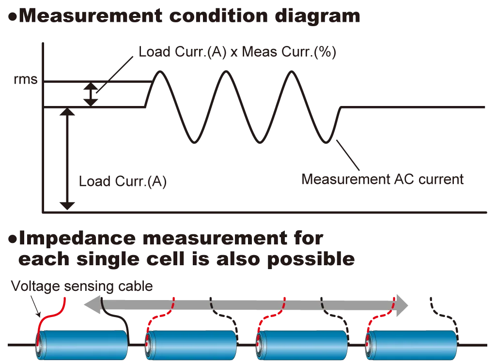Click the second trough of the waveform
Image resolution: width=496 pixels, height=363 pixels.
pos(261,142)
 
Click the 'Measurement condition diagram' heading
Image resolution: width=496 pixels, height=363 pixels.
pos(184,16)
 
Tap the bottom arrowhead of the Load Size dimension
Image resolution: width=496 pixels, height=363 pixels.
pos(69,205)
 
